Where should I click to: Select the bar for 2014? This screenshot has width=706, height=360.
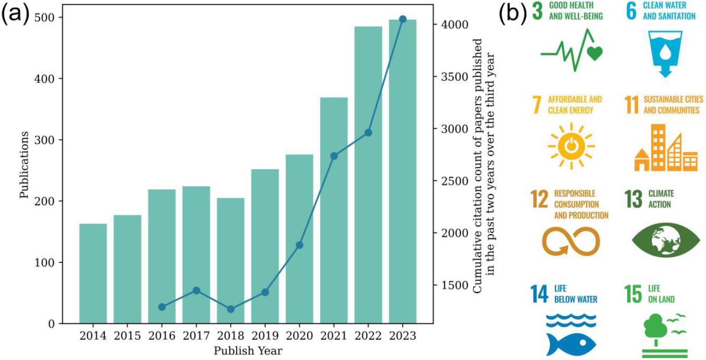(x=93, y=274)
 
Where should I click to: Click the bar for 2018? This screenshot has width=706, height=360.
(x=231, y=261)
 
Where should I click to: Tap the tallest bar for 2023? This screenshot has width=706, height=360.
(x=403, y=172)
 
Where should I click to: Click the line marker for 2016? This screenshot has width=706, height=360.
(x=162, y=307)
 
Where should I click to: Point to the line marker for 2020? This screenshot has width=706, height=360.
(x=300, y=245)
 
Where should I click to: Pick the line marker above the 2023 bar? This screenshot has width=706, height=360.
(x=403, y=19)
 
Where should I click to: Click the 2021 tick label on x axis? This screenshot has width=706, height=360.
(x=334, y=336)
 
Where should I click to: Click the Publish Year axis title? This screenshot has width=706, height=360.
(x=248, y=351)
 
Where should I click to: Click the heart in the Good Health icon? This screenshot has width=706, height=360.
(x=594, y=53)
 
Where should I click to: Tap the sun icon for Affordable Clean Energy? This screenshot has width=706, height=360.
(x=571, y=147)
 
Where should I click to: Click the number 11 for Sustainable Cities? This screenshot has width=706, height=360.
(x=632, y=105)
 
